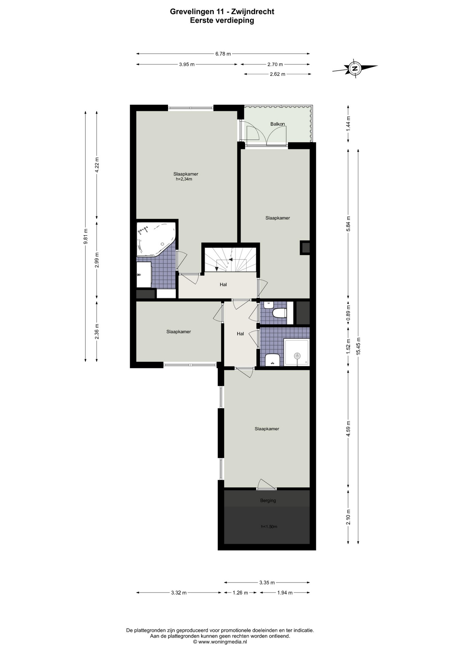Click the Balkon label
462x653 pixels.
(277, 124)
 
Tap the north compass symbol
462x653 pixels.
(355, 68)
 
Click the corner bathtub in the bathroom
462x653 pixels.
(156, 239)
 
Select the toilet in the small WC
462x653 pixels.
(280, 313)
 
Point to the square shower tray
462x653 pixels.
(297, 353)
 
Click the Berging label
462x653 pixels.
(268, 500)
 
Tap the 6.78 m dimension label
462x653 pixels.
(223, 54)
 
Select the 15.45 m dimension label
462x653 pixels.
(358, 346)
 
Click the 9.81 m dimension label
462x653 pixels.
(86, 235)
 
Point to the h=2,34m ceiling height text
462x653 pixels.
(184, 179)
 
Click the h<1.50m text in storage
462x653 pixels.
(269, 526)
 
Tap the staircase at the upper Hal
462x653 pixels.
(230, 259)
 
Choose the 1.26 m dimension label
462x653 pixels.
(240, 592)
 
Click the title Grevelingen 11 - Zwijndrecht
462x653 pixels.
(222, 12)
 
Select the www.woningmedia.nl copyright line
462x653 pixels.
(220, 641)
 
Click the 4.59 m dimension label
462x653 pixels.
(348, 429)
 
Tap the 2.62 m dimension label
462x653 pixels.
(277, 74)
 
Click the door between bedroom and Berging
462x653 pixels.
(266, 485)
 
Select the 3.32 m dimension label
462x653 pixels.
(179, 592)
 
